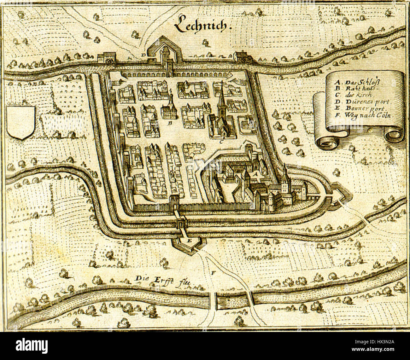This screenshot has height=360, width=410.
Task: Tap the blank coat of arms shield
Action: coord(20,122)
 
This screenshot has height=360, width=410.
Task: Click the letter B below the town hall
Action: coord(169,124)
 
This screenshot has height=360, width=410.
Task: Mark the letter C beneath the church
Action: coord(222,142)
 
